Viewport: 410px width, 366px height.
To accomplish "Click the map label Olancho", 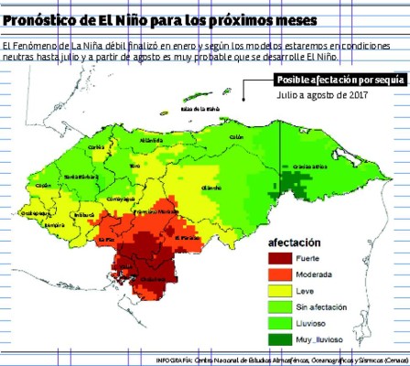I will click(211, 187).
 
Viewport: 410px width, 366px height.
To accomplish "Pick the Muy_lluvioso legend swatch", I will click(277, 339).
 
